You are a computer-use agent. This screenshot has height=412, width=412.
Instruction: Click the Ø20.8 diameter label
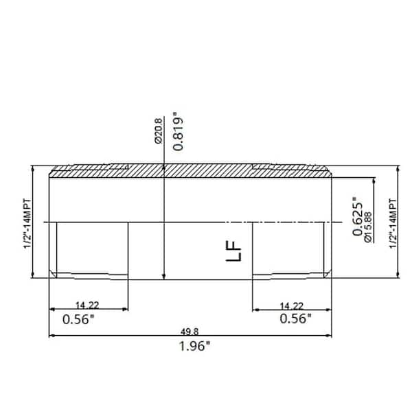[159, 131]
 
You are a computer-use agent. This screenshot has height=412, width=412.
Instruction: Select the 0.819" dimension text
[178, 131]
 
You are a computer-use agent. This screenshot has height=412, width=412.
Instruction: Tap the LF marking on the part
[233, 251]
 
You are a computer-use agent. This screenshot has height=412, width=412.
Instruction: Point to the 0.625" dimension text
[358, 216]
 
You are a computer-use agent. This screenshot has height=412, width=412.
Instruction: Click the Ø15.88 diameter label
[368, 227]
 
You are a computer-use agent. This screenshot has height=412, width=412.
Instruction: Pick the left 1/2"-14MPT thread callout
[27, 223]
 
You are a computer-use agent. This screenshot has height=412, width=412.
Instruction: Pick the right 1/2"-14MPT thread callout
[393, 223]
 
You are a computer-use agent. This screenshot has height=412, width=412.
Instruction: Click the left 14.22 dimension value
[87, 306]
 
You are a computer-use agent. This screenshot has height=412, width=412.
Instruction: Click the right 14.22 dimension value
[292, 306]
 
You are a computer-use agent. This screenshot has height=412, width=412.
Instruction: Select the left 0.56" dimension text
[78, 319]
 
